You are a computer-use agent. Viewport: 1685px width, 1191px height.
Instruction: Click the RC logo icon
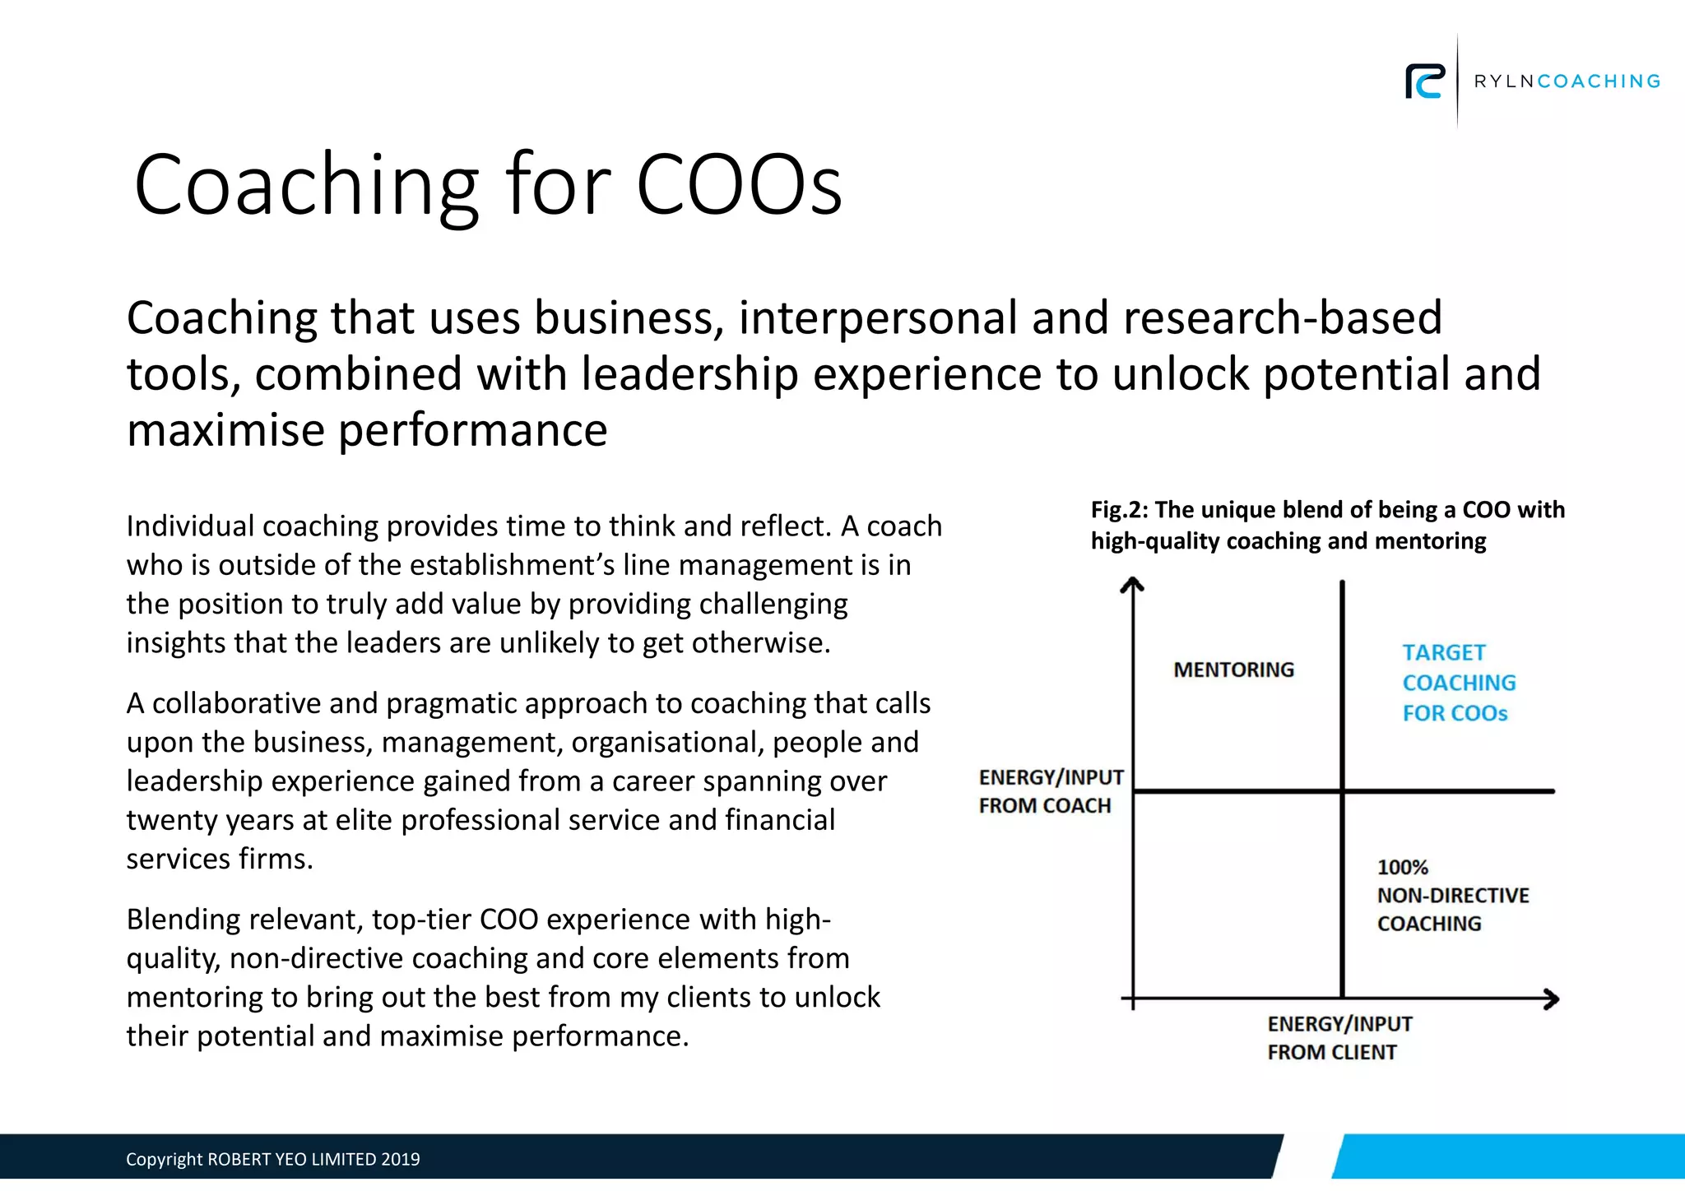(1425, 81)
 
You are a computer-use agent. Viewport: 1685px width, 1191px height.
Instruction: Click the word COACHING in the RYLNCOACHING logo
(1599, 81)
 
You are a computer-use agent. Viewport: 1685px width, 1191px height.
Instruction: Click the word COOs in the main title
(739, 184)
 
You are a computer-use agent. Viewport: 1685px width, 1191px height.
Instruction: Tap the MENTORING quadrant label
(1233, 670)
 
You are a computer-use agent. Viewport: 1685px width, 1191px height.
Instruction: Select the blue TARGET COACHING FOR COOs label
(1458, 683)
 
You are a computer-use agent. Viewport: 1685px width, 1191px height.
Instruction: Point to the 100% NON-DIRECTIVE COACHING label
(1452, 895)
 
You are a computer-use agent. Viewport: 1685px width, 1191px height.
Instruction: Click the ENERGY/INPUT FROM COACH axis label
(1051, 791)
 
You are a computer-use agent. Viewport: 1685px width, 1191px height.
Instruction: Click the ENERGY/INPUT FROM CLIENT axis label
(1339, 1038)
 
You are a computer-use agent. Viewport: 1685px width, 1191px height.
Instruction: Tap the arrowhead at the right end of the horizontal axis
(1552, 999)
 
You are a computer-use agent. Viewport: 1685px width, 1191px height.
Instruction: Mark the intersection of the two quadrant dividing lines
(1343, 791)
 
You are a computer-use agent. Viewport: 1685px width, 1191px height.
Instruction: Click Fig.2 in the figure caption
(1117, 510)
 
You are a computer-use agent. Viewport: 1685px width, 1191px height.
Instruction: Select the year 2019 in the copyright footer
(401, 1159)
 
